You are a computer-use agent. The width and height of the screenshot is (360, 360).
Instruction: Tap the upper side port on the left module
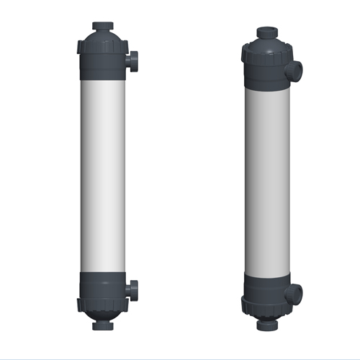[134, 60]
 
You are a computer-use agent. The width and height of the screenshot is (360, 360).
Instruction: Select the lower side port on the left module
[134, 291]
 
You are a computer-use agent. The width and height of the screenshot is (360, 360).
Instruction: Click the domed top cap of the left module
[101, 36]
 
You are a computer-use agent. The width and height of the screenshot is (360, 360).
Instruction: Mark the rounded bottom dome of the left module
[101, 315]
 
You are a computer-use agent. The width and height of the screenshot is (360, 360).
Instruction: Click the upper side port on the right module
[296, 71]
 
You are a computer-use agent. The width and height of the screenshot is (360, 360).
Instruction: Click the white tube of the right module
[268, 180]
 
